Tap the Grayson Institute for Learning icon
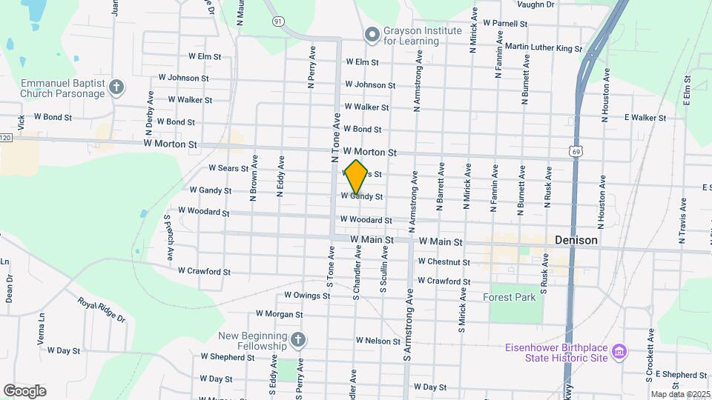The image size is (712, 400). (372, 34)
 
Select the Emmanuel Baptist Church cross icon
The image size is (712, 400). (116, 88)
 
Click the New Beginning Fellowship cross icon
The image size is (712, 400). (297, 341)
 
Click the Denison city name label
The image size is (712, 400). (576, 241)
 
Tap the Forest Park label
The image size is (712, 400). (509, 297)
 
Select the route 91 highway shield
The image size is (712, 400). (277, 22)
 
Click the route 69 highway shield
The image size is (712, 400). (576, 151)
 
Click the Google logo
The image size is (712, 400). (24, 390)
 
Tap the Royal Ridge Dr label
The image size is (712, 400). (102, 310)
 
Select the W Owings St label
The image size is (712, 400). (306, 296)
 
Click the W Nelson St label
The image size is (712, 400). (378, 341)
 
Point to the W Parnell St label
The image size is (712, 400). (504, 24)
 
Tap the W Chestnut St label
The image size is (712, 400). (444, 261)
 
